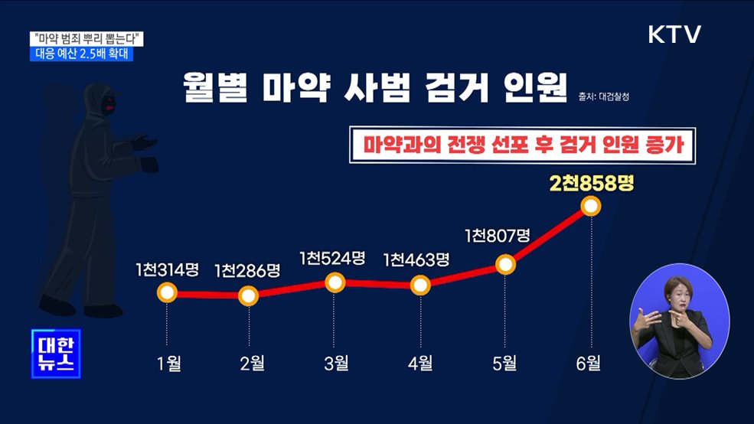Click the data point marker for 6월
(591, 206)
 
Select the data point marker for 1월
(167, 292)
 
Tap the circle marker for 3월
(335, 282)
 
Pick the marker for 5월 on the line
(505, 265)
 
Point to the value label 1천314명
(167, 269)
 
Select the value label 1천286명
(247, 270)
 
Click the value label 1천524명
(333, 258)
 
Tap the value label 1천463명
(416, 259)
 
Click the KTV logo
(674, 34)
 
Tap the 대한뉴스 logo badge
(56, 354)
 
